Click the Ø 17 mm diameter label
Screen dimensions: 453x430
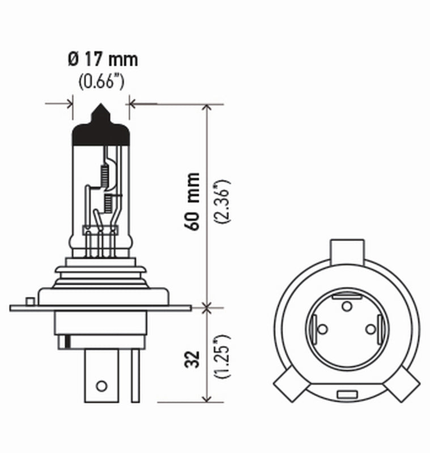tap(102, 59)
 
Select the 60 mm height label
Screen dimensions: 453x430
tap(193, 201)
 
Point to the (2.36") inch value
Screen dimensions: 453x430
tap(222, 202)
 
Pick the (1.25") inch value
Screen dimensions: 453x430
tap(222, 359)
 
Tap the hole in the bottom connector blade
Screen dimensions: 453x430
tap(101, 386)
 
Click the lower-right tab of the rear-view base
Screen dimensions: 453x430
tap(404, 384)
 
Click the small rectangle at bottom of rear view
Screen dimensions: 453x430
tap(346, 394)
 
